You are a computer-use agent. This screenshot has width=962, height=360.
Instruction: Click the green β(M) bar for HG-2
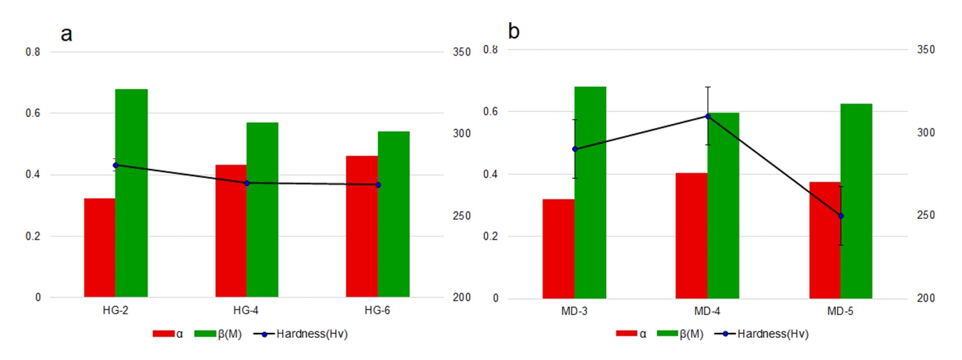131,192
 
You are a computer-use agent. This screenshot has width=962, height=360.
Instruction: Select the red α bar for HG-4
231,231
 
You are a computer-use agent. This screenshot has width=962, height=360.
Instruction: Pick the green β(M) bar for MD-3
590,192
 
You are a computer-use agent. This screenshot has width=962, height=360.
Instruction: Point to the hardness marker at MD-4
708,116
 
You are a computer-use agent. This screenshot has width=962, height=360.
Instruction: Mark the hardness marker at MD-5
841,215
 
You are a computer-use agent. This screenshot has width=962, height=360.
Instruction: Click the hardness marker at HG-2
116,165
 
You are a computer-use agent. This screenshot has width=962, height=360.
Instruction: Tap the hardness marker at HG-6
378,185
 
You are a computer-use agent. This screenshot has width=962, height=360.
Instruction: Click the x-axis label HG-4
246,312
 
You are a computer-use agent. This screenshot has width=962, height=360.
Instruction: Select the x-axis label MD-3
574,312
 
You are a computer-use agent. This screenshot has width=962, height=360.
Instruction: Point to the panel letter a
66,34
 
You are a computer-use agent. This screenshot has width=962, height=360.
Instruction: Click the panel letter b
514,31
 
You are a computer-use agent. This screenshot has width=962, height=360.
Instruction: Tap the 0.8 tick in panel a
34,52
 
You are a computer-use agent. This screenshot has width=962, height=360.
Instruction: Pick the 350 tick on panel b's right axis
926,49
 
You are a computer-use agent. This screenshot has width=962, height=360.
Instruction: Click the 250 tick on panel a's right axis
462,216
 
